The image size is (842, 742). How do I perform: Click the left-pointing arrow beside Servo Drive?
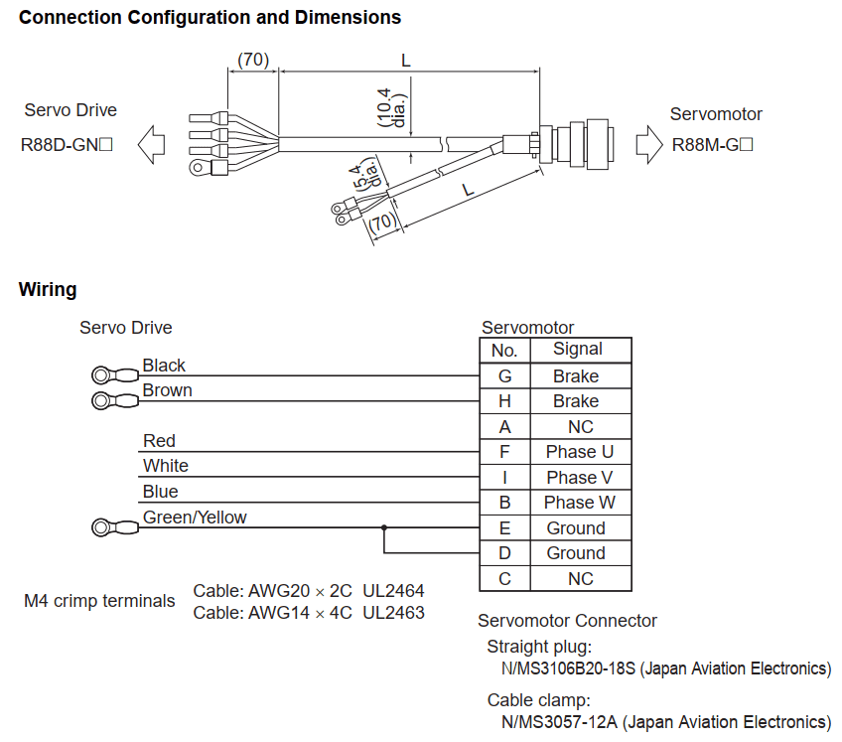[x=152, y=145]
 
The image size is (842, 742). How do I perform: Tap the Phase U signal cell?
[x=580, y=452]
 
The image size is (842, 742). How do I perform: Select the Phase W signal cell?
[x=580, y=503]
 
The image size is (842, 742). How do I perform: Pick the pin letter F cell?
[x=504, y=452]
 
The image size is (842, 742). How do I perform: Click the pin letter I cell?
[x=504, y=477]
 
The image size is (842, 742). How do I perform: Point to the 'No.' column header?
[x=504, y=350]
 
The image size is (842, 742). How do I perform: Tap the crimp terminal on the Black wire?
[x=113, y=375]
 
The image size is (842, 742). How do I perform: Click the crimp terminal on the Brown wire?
[x=113, y=401]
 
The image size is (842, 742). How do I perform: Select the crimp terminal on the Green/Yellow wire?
[x=113, y=527]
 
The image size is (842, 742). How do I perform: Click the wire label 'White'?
[x=166, y=466]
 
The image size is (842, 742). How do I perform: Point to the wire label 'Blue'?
[x=161, y=492]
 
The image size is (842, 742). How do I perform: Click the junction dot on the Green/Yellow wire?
[x=384, y=528]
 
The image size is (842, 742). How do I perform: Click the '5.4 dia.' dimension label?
[x=365, y=172]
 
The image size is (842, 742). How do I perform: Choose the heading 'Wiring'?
[x=48, y=290]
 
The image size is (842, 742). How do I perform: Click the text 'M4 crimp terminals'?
[x=99, y=601]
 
